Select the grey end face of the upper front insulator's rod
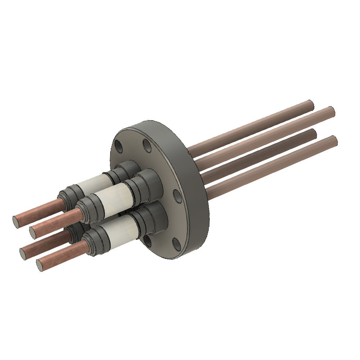33,233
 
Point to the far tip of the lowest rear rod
334,141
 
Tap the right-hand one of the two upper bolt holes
147,145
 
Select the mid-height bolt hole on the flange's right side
177,196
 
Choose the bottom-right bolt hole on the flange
176,244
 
